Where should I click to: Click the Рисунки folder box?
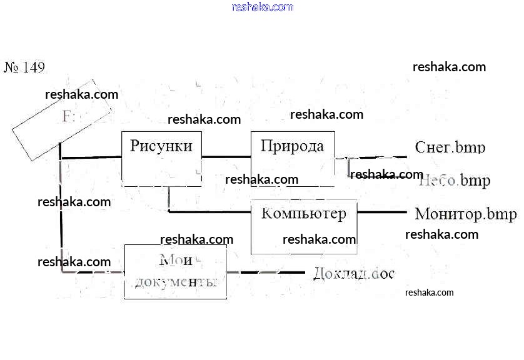(161, 158)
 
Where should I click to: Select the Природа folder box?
(293, 158)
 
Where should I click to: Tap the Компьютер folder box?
(304, 226)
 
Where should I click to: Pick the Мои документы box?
(175, 272)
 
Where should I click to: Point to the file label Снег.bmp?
(450, 147)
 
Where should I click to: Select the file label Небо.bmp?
(455, 181)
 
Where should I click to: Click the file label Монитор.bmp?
(466, 214)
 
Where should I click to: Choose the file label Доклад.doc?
(354, 273)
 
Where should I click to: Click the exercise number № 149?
(25, 67)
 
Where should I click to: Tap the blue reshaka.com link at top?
(262, 7)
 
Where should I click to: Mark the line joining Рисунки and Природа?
(226, 156)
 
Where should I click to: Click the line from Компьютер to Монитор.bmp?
(381, 212)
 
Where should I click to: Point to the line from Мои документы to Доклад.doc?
(266, 272)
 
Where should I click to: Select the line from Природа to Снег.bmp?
(375, 157)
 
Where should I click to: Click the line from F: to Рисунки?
(91, 157)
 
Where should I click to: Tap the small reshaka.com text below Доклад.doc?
(429, 292)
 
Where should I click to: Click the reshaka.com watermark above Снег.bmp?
(449, 67)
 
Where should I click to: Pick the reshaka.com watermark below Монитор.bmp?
(441, 234)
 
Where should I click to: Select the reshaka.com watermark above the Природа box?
(326, 114)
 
